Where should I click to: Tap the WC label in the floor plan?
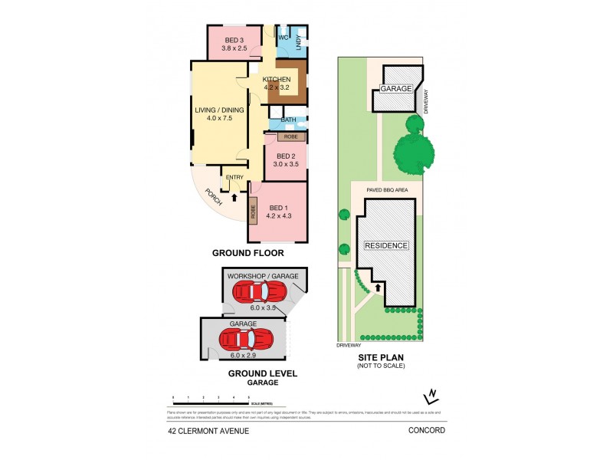(282, 38)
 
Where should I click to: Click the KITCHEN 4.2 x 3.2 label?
(277, 84)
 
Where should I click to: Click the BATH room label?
(288, 120)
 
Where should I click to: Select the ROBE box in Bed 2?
(291, 136)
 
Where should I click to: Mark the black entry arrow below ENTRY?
(234, 197)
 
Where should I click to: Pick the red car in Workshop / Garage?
(261, 291)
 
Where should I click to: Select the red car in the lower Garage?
(247, 338)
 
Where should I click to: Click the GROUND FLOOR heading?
(248, 253)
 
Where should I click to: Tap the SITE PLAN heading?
(380, 357)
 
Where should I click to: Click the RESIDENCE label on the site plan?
(386, 246)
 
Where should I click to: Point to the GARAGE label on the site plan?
(398, 89)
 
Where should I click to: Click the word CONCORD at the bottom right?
(428, 431)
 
